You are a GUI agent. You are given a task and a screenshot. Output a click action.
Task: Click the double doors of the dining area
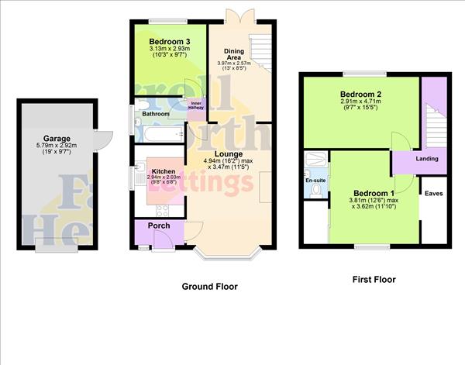(x=236, y=14)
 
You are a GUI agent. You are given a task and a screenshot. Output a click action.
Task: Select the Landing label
(x=427, y=159)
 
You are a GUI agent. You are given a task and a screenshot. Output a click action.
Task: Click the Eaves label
(x=433, y=193)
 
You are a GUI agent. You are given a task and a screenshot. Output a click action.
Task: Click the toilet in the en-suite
(x=315, y=191)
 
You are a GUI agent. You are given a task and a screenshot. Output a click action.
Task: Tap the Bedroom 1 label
(x=374, y=194)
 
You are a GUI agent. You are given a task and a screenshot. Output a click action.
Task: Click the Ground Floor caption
(x=209, y=287)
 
